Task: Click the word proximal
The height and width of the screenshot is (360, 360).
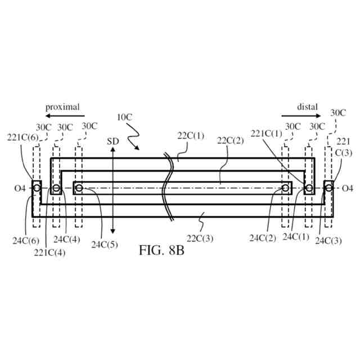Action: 62,106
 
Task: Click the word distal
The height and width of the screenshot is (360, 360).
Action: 307,106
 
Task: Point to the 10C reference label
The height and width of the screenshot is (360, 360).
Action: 125,118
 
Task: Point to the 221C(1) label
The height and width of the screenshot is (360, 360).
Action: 266,133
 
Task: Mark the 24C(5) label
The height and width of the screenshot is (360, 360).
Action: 102,245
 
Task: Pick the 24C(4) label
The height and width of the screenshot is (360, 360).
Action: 66,238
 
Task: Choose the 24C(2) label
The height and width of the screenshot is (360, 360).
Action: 262,238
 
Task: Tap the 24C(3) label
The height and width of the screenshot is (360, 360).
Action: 327,241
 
